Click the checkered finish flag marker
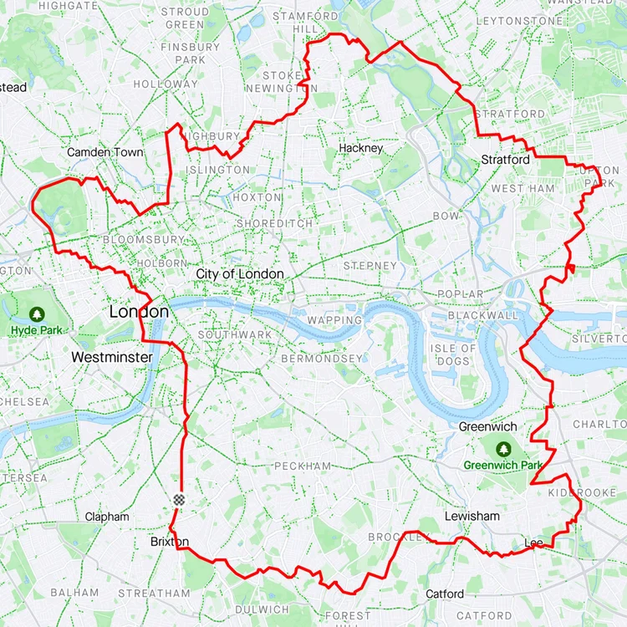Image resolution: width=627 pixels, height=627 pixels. click(x=178, y=499)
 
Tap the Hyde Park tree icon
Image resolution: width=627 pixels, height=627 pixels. click(x=36, y=314)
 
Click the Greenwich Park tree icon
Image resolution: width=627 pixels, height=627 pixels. click(x=504, y=449)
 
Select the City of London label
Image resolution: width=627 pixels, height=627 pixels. click(x=240, y=274)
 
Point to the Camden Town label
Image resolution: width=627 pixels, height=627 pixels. click(x=104, y=152)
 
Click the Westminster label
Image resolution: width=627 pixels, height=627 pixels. click(x=111, y=357)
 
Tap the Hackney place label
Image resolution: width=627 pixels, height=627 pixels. click(x=360, y=148)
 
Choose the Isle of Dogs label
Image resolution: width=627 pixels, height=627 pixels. click(x=452, y=354)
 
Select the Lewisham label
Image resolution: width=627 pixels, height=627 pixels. click(x=472, y=517)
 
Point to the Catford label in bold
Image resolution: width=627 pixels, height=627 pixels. click(x=445, y=594)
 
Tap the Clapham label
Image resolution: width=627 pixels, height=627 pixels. click(x=107, y=517)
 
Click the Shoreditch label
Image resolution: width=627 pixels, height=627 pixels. click(x=274, y=223)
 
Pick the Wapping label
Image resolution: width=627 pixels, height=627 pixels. click(x=334, y=320)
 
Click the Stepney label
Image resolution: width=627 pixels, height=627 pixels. click(x=370, y=266)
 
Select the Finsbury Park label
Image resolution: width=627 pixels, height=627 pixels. click(x=190, y=54)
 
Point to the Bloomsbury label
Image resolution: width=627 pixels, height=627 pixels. click(x=143, y=239)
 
